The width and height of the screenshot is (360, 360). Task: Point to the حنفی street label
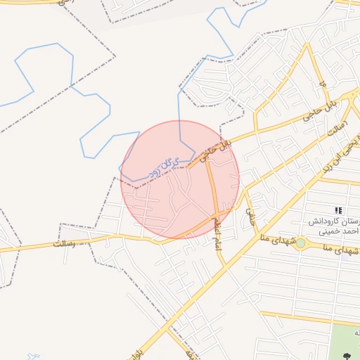(x=250, y=214)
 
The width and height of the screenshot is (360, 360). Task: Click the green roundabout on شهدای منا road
(x=300, y=243)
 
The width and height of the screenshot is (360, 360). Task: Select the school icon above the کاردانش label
(x=339, y=210)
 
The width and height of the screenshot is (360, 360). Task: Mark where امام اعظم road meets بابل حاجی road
(x=207, y=156)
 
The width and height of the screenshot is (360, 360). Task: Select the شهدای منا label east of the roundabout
(x=341, y=250)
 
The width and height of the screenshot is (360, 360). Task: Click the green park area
(x=345, y=345)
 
